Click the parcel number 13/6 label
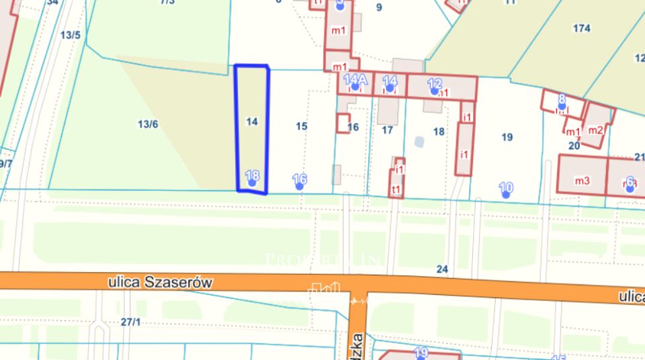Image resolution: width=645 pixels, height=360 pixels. tap(148, 124)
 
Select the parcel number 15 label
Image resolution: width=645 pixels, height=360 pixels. tap(302, 126)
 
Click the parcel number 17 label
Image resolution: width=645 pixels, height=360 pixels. tap(387, 130)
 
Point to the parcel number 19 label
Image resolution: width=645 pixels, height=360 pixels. tap(507, 137)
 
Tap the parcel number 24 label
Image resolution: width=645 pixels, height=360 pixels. tap(441, 269)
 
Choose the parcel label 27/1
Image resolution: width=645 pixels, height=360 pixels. tap(130, 322)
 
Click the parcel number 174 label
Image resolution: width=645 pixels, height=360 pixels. tap(582, 28)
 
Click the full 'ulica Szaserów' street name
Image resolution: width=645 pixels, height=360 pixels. tap(160, 283)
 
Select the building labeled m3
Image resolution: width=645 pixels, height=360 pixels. tap(582, 180)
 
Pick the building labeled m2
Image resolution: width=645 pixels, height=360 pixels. tap(596, 130)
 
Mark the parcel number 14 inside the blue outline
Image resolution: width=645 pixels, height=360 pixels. tap(252, 122)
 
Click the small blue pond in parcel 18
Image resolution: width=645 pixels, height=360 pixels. tap(420, 142)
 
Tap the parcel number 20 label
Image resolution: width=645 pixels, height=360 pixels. tap(574, 144)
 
